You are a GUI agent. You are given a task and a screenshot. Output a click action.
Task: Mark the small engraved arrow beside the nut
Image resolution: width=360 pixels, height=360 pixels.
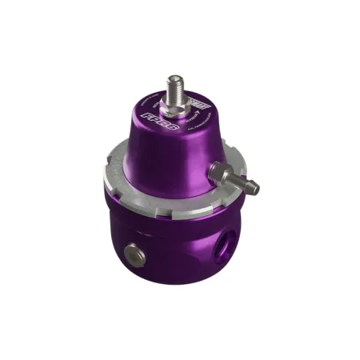click(194, 118)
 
